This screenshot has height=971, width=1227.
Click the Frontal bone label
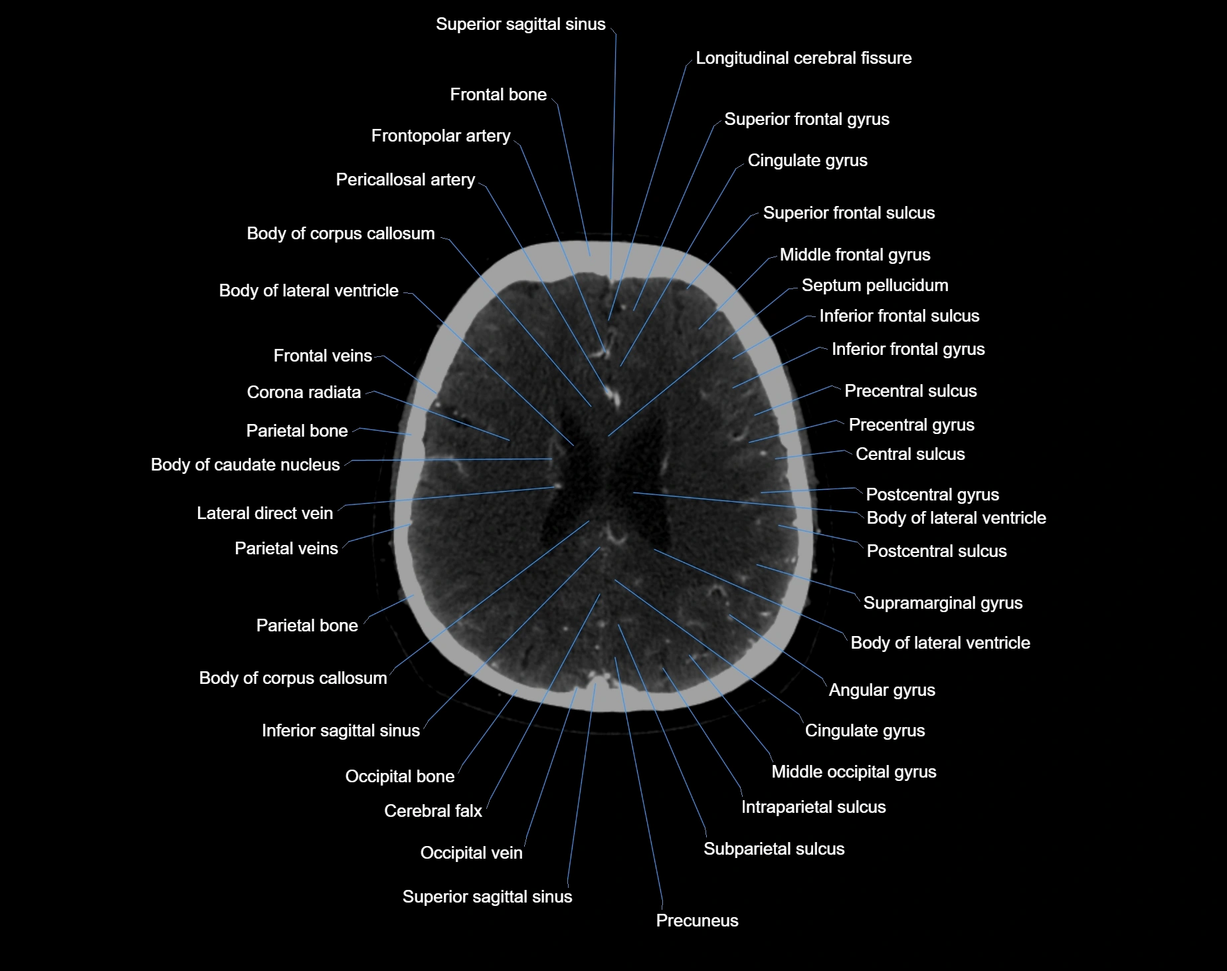[498, 95]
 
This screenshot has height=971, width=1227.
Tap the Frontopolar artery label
[440, 136]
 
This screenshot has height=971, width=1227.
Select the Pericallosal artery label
[405, 180]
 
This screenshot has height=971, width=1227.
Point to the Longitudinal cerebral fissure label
[803, 58]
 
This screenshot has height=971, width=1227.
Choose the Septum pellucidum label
[874, 286]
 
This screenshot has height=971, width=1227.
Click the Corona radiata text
[304, 393]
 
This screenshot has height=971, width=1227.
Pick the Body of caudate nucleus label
[245, 465]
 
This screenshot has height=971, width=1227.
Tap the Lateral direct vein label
[264, 513]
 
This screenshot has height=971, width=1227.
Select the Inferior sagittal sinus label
[341, 731]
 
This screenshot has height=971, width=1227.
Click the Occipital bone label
[399, 777]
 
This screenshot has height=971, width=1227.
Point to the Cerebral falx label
[432, 811]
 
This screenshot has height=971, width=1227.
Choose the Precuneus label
[697, 920]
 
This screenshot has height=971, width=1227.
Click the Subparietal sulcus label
[774, 849]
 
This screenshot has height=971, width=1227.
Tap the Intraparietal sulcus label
[813, 808]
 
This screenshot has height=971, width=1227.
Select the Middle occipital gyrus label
[854, 772]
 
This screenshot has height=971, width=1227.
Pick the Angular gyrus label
[882, 691]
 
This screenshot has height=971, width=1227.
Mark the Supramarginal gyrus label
[943, 603]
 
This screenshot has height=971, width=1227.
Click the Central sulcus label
[910, 455]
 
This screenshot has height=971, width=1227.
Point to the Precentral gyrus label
[911, 425]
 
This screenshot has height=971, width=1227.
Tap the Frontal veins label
[322, 356]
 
